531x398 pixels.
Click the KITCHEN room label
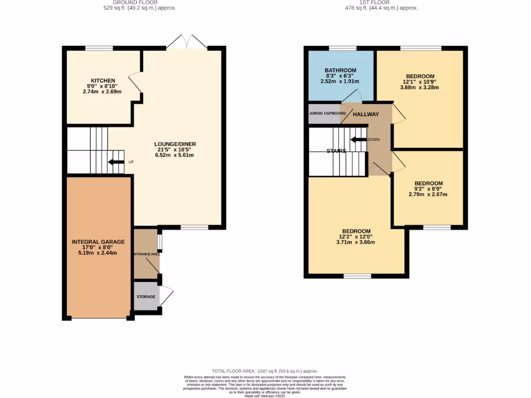103,81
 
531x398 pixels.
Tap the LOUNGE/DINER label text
175,144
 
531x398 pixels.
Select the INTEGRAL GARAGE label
98,241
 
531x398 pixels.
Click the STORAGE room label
146,296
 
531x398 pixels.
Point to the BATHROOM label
340,70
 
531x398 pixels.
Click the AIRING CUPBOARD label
327,113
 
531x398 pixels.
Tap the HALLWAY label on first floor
366,115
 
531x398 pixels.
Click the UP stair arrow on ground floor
116,162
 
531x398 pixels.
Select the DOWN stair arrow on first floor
358,139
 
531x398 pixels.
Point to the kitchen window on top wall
99,48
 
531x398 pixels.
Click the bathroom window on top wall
343,48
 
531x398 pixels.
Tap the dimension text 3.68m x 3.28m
420,87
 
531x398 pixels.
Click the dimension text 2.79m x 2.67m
428,194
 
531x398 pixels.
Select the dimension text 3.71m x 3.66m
356,242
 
